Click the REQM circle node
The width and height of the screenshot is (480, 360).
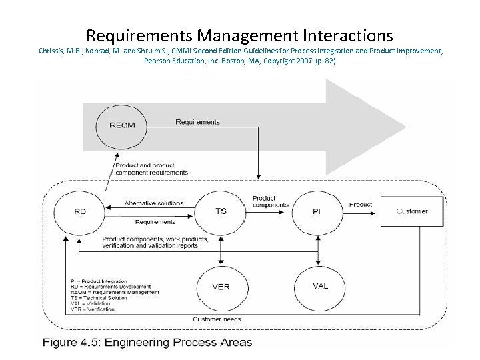(121, 125)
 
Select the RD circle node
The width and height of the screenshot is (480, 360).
(80, 211)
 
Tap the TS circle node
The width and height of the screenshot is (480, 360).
(221, 211)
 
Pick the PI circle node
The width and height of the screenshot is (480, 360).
(317, 211)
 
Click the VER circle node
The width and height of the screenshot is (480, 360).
(221, 287)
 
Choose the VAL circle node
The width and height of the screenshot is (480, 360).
(320, 287)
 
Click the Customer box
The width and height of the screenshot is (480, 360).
(411, 211)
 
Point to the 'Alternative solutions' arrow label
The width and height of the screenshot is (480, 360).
(154, 203)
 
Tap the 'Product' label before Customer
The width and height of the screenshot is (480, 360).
(361, 205)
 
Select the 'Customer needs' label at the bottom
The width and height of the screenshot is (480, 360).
(217, 319)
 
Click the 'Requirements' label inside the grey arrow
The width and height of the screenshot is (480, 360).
(197, 122)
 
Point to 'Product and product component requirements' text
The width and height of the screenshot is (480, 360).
(151, 169)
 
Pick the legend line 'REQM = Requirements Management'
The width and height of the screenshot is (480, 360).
(115, 292)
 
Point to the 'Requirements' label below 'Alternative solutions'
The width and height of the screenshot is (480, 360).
(155, 222)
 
